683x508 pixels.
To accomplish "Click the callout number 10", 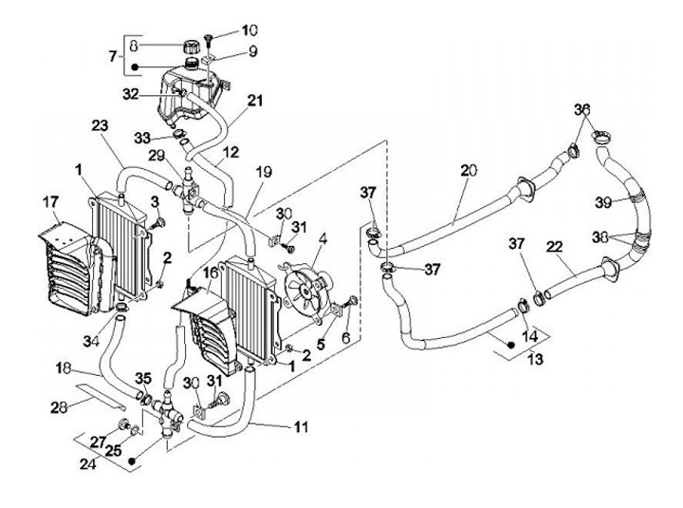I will (x=224, y=29).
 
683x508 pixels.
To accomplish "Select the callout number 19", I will (x=265, y=173).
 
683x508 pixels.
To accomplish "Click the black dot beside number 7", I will (x=138, y=67).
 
